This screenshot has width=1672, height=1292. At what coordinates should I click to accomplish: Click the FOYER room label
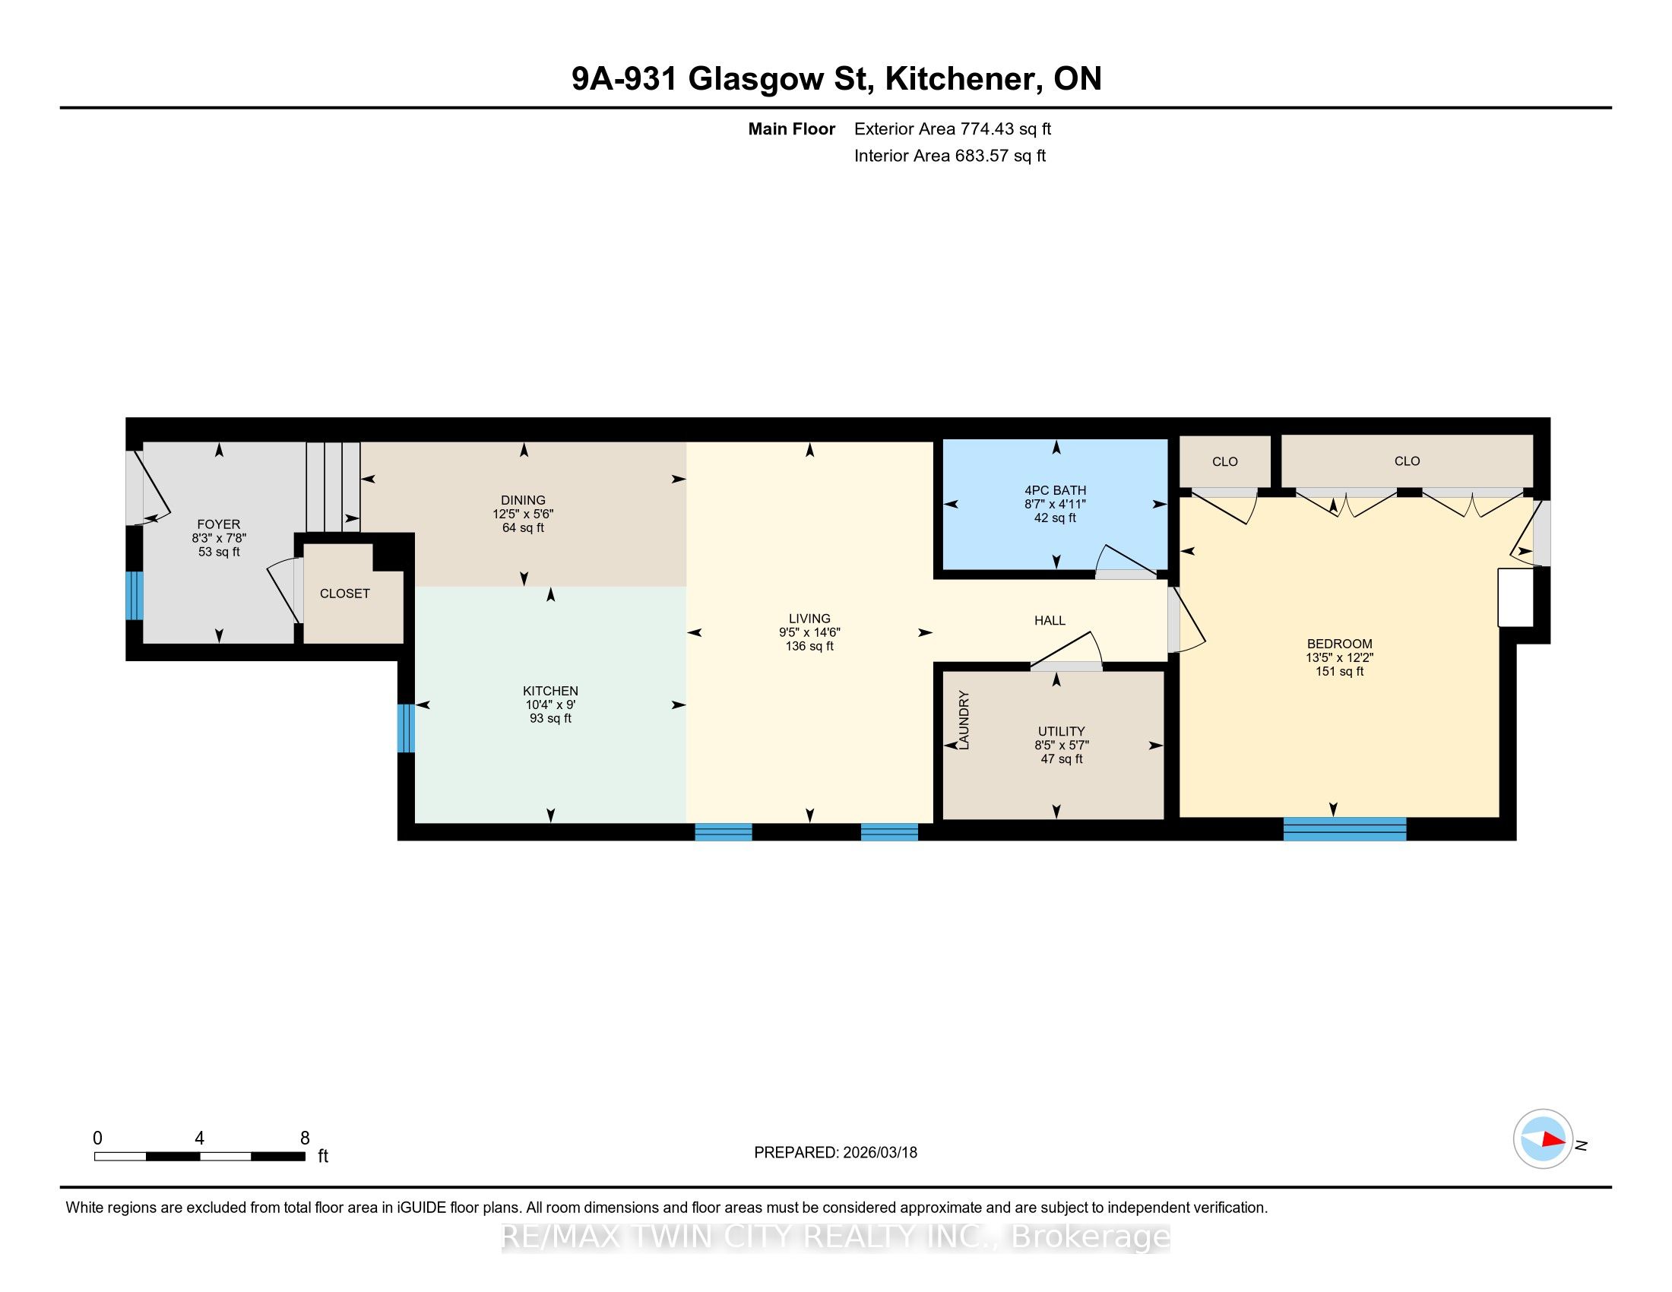(x=218, y=524)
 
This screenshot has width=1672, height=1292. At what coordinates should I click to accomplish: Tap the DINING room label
(x=524, y=500)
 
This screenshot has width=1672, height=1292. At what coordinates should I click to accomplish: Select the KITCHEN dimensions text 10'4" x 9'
(x=549, y=705)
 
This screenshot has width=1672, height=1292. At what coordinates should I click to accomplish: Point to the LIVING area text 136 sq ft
(x=809, y=646)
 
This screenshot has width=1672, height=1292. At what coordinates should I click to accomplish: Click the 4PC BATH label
(x=1055, y=490)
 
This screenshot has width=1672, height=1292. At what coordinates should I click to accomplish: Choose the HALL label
(x=1050, y=620)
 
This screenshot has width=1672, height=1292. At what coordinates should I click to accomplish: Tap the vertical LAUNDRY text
(x=964, y=720)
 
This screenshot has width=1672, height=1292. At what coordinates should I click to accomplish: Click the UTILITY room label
(x=1061, y=731)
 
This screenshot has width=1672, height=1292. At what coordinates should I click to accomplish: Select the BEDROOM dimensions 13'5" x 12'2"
(x=1340, y=657)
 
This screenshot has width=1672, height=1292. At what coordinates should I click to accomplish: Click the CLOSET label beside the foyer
(x=344, y=594)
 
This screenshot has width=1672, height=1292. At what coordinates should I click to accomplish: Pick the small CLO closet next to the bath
(x=1225, y=461)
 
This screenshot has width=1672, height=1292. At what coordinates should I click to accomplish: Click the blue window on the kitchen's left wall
(x=406, y=728)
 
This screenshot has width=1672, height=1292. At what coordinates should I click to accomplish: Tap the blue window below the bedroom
(x=1344, y=829)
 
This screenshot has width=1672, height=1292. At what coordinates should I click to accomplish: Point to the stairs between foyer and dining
(x=333, y=487)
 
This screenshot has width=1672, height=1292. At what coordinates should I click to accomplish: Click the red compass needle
(x=1553, y=1140)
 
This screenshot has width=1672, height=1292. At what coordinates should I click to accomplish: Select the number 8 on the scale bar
(x=305, y=1138)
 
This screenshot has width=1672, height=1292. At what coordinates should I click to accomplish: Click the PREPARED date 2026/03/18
(x=879, y=1153)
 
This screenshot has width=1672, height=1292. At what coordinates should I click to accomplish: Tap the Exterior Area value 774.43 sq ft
(x=1006, y=129)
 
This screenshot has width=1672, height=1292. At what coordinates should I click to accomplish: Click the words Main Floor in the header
(x=792, y=129)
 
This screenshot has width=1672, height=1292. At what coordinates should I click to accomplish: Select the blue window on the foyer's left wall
(x=134, y=596)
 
